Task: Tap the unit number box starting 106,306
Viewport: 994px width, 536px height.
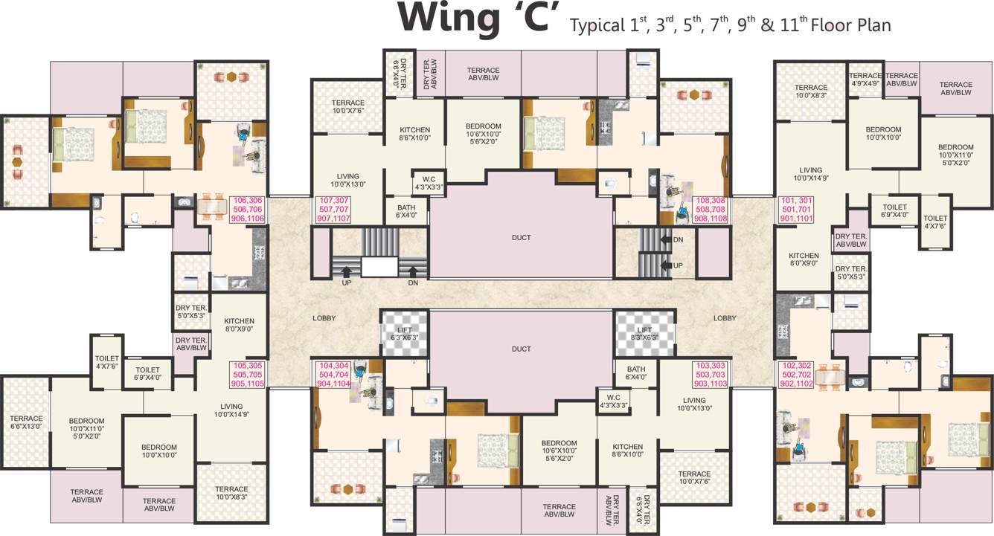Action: [248, 210]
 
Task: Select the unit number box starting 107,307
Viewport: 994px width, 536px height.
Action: [334, 210]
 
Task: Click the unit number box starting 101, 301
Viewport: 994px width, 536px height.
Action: [797, 210]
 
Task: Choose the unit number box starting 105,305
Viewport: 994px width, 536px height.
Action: [248, 375]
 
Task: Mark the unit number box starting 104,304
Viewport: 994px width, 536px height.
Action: [334, 375]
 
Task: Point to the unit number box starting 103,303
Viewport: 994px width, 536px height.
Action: [710, 375]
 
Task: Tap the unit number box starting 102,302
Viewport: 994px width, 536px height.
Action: [796, 375]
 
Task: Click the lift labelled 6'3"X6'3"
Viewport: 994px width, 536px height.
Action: [405, 333]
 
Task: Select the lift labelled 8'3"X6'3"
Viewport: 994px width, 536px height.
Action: [644, 333]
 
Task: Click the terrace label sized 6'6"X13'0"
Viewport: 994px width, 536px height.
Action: [25, 422]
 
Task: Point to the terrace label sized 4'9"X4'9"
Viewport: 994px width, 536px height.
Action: [865, 80]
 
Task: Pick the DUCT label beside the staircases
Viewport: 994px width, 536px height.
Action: [522, 238]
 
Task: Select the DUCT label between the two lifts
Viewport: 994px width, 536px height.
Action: [522, 349]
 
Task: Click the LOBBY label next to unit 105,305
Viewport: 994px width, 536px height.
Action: [324, 318]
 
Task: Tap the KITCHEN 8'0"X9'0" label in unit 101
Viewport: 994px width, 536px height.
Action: [804, 259]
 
